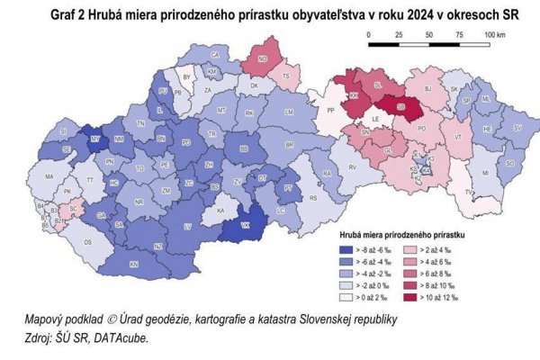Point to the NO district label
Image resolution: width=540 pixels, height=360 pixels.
click(x=263, y=59)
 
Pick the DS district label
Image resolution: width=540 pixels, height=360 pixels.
click(x=87, y=243)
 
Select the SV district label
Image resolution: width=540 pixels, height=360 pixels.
click(x=517, y=129)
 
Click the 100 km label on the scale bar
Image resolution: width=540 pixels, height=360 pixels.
click(x=495, y=34)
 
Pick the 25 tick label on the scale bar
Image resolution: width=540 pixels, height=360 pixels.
click(x=399, y=34)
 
